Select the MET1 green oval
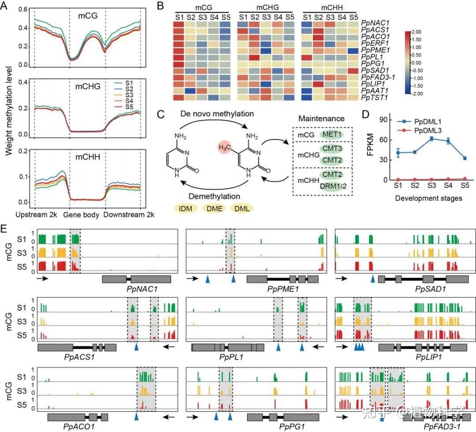(x=322, y=133)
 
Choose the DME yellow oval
(x=215, y=208)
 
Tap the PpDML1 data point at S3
(x=419, y=138)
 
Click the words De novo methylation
(x=217, y=114)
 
